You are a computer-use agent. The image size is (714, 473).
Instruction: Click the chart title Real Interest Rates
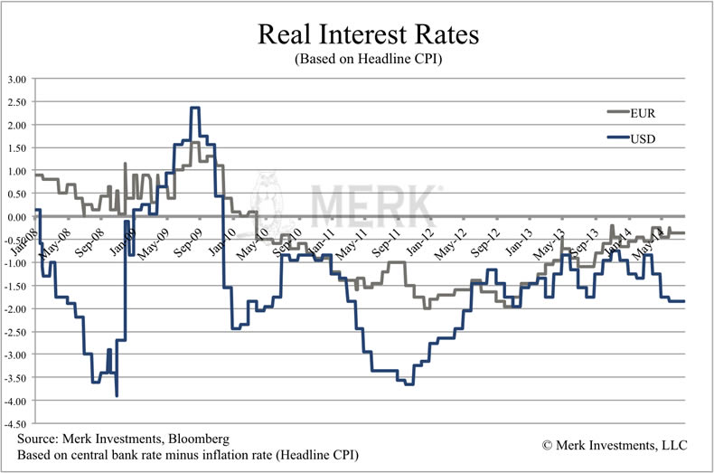click(357, 35)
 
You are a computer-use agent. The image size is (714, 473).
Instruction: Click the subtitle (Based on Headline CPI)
click(357, 59)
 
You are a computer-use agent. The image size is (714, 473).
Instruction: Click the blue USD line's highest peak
click(194, 109)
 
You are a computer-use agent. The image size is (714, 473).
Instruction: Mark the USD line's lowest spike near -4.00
click(117, 394)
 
